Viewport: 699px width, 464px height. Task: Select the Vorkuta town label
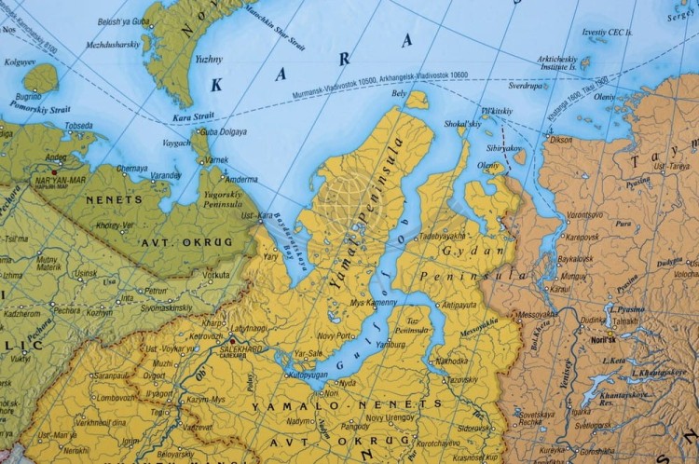217,275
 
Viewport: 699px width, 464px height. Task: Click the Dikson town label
561,140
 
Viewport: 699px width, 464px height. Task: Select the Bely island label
399,93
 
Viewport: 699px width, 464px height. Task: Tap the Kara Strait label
193,118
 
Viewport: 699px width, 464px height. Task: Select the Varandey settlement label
167,174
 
